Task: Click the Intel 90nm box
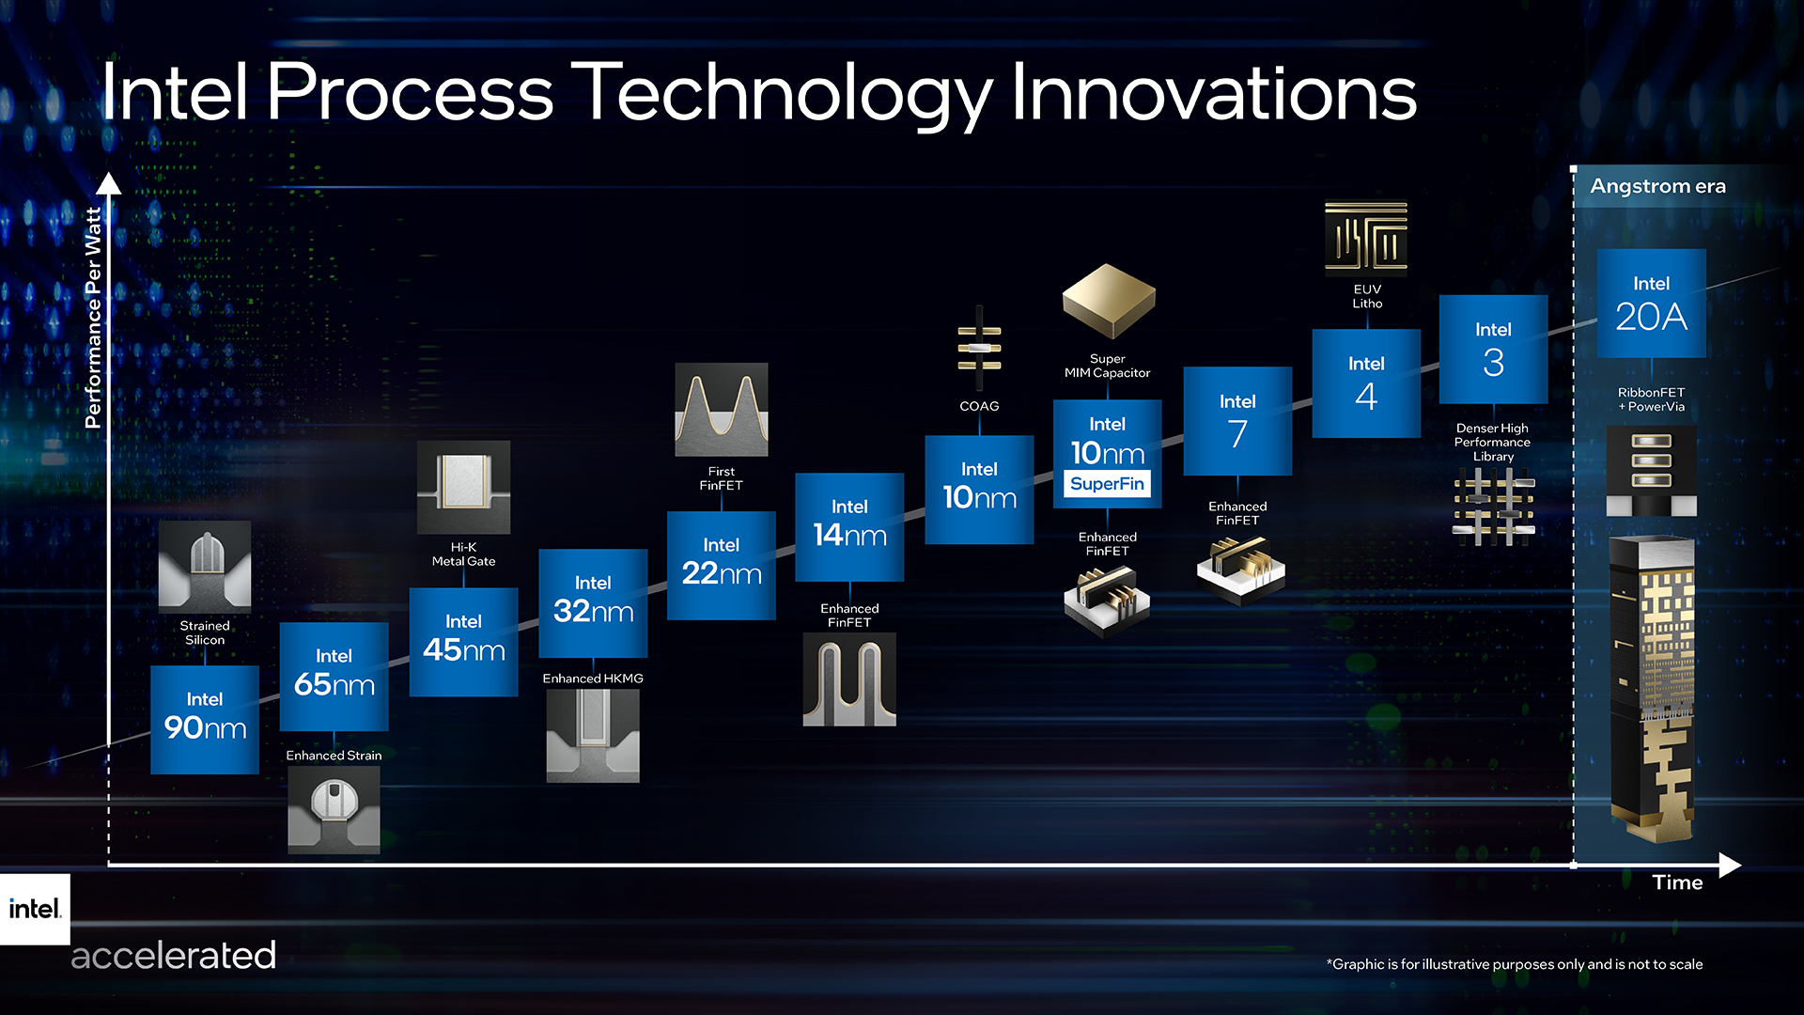[x=205, y=719]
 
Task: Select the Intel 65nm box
[x=334, y=676]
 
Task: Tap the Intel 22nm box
[x=721, y=565]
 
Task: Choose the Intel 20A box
[x=1651, y=303]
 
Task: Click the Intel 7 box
[x=1236, y=420]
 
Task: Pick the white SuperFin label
[x=1107, y=484]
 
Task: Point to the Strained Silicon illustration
[x=205, y=567]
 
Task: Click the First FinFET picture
[x=721, y=410]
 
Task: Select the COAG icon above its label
[x=979, y=348]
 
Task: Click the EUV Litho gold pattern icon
[x=1366, y=238]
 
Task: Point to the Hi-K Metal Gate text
[x=463, y=554]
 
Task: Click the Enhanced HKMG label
[x=593, y=679]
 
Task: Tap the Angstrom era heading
[x=1657, y=186]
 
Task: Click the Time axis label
[x=1677, y=882]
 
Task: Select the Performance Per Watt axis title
[x=92, y=318]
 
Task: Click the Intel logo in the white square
[x=35, y=909]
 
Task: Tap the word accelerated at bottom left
[x=174, y=956]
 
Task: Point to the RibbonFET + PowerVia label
[x=1651, y=399]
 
